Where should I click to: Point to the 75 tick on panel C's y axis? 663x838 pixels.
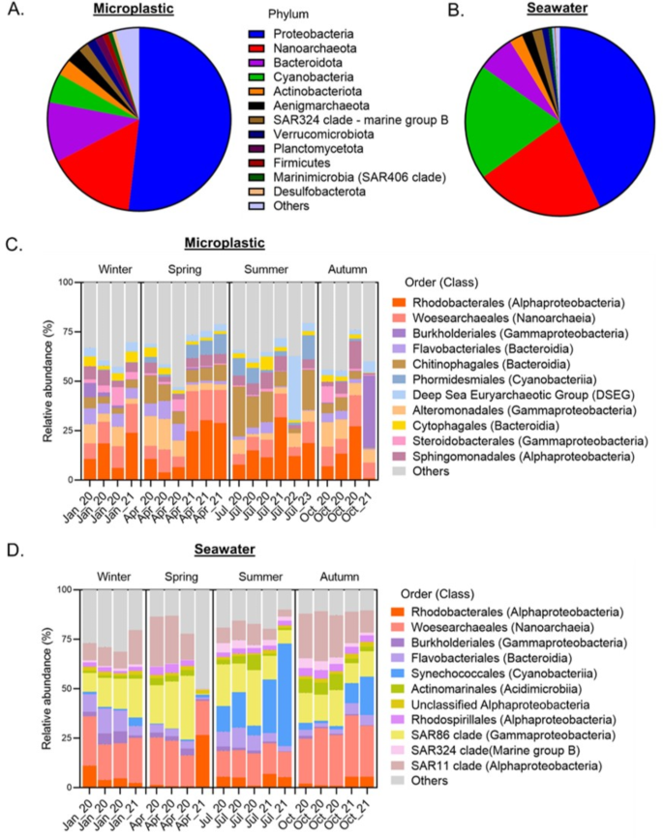coord(66,332)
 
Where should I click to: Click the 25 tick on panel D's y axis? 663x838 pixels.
coord(66,737)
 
